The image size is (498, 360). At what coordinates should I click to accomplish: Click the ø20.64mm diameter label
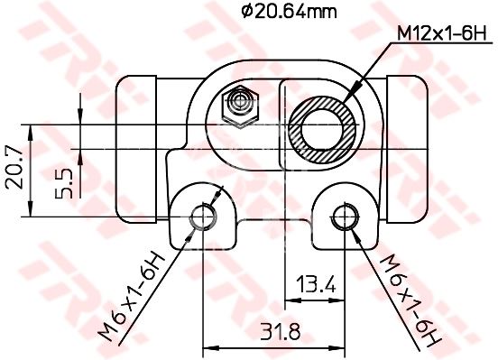point(289,13)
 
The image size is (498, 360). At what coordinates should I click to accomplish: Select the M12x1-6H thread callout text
point(442,34)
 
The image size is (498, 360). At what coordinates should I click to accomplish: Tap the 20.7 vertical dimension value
point(14,168)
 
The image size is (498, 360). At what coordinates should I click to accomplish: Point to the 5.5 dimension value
point(63,184)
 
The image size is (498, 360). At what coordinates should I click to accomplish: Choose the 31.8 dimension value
point(281,332)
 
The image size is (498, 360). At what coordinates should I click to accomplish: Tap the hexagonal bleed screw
point(240,106)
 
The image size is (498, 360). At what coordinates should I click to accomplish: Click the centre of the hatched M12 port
point(322,130)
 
